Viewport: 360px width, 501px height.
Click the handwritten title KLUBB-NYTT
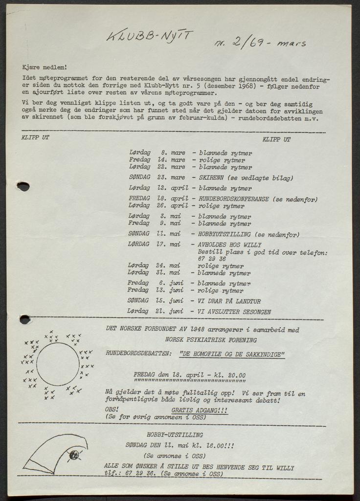(150, 36)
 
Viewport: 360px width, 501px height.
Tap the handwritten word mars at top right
(291, 43)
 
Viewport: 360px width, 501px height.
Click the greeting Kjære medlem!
(44, 67)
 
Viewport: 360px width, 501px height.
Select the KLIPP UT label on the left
(35, 137)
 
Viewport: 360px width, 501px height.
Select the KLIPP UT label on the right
(276, 139)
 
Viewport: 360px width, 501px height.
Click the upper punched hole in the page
(23, 186)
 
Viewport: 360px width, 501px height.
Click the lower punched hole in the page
(24, 319)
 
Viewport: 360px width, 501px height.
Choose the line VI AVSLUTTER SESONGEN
(234, 311)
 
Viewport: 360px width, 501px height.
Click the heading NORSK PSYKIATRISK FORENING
(211, 340)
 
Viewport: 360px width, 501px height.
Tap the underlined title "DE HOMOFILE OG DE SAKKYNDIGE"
(232, 354)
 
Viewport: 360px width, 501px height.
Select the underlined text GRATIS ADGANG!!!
(200, 411)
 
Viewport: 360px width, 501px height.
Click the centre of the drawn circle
(58, 364)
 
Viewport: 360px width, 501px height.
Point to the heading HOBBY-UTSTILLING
(175, 434)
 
